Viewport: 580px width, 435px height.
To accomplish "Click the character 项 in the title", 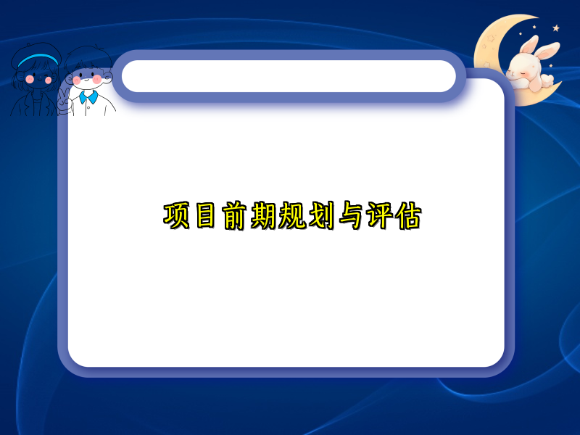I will tap(176, 217).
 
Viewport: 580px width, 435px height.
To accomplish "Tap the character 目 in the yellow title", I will tap(206, 217).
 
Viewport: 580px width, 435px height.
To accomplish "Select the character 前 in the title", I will tap(235, 217).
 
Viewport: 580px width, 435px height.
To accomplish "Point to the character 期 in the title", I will tap(263, 217).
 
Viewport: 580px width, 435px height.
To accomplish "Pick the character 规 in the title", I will tap(291, 217).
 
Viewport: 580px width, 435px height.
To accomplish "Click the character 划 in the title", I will tap(320, 217).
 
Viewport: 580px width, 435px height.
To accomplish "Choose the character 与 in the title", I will tap(349, 217).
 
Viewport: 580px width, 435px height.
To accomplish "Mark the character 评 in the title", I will tap(378, 217).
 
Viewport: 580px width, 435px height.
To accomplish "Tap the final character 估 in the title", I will tap(407, 217).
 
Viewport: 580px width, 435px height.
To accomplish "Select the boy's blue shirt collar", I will tap(88, 96).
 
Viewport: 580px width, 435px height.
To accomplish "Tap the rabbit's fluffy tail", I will tap(550, 78).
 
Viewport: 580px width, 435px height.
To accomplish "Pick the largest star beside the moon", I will tap(556, 28).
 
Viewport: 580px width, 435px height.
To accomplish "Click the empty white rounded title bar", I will tap(289, 76).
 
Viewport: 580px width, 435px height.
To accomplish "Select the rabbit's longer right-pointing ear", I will tap(547, 51).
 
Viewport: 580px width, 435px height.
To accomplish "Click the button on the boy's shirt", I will tap(89, 109).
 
